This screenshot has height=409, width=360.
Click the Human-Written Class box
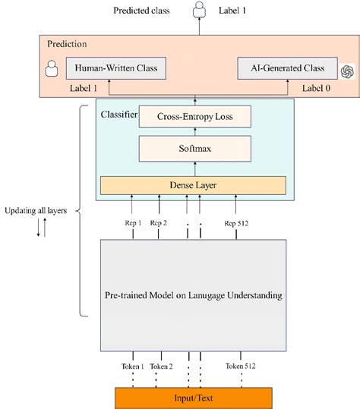115,68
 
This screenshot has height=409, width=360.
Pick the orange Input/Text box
193,397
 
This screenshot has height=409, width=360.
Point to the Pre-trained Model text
193,294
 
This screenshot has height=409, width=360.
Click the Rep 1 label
134,223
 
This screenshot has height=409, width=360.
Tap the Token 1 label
134,366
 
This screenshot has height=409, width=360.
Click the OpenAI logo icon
348,71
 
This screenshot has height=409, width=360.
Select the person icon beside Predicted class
200,11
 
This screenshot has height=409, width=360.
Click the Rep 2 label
159,223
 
